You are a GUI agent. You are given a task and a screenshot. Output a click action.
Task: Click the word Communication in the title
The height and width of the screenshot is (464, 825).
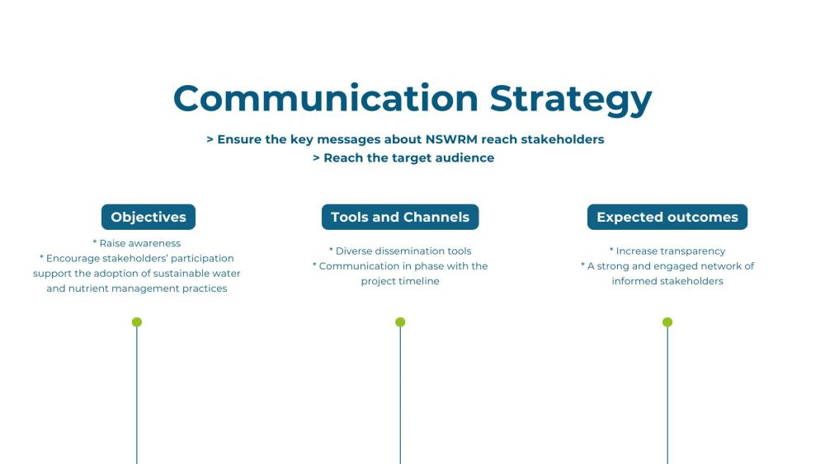[325, 99]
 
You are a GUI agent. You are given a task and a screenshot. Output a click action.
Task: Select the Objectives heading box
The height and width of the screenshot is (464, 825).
[148, 218]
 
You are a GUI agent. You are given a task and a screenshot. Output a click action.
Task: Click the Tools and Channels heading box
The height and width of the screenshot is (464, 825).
[400, 218]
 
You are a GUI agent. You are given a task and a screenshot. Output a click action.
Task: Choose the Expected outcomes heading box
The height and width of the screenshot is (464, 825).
[667, 218]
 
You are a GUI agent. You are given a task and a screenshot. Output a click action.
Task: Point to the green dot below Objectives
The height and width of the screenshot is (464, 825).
[137, 322]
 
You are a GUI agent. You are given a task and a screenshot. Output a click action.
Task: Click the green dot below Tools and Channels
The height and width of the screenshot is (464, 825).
[400, 322]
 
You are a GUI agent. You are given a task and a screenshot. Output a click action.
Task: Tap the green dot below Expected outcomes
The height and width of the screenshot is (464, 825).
[667, 322]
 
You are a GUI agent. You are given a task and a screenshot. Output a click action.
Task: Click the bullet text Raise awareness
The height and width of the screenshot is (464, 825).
[139, 243]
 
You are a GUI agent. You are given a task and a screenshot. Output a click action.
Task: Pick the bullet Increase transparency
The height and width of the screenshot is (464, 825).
[671, 251]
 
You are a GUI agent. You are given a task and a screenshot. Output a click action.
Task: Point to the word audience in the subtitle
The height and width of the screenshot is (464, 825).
[464, 157]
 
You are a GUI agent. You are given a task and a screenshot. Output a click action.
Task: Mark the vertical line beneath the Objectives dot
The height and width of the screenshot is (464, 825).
[137, 396]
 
